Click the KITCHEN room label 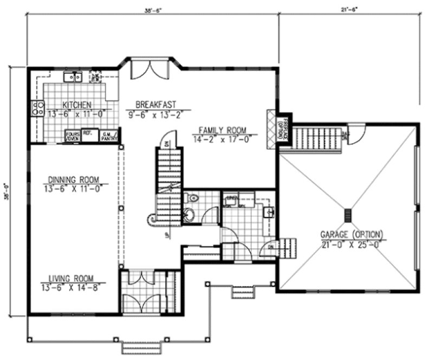pyautogui.click(x=76, y=105)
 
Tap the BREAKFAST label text pyautogui.click(x=155, y=104)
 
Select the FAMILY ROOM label pyautogui.click(x=222, y=130)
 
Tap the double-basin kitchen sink pyautogui.click(x=73, y=77)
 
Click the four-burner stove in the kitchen pyautogui.click(x=38, y=108)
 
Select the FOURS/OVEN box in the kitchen pyautogui.click(x=73, y=136)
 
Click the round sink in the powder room pyautogui.click(x=188, y=215)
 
